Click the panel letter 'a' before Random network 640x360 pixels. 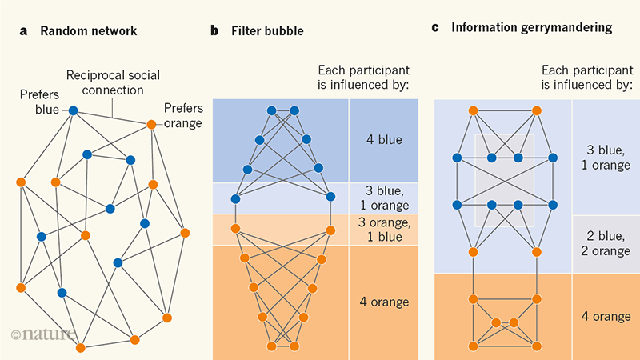coord(23,31)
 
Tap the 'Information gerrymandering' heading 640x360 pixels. coord(532,28)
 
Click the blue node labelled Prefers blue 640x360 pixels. coord(72,110)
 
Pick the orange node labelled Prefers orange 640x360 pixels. coord(150,124)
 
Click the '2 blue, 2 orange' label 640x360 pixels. coord(604,243)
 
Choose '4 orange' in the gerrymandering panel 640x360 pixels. coord(604,316)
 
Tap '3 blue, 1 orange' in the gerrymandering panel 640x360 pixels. coord(604,158)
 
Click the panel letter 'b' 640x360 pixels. coord(214,31)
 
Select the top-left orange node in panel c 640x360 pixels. coord(473,110)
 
